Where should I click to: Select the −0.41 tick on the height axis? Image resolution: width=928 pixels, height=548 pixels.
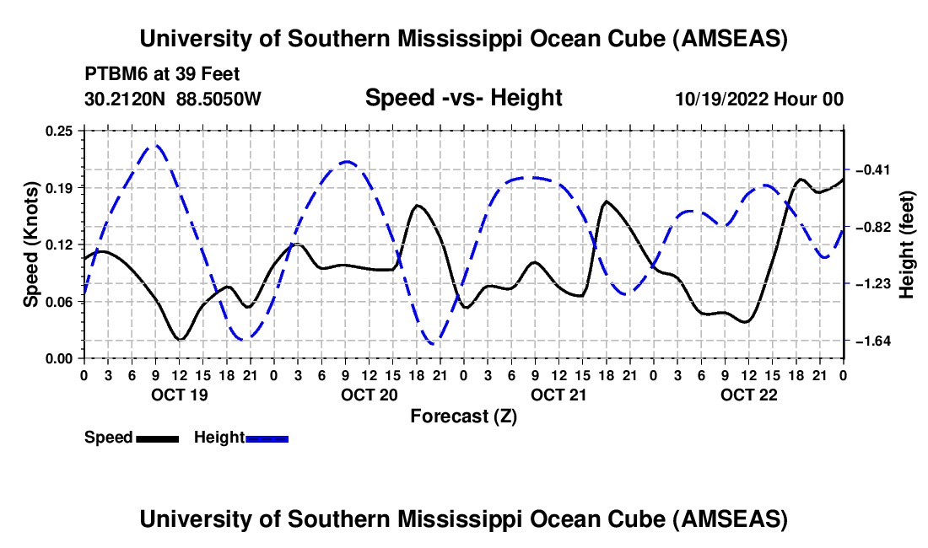coord(871,170)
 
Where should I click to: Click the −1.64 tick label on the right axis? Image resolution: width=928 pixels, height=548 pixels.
coord(871,341)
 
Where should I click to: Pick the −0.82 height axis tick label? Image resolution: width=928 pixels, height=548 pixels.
coord(871,228)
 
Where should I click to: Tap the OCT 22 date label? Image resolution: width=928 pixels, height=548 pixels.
coord(747,395)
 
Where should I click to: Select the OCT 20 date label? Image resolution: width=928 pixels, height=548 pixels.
coord(368,395)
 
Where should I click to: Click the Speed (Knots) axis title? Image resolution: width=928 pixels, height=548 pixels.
coord(31,244)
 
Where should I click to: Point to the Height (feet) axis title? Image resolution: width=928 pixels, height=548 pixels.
coord(907,244)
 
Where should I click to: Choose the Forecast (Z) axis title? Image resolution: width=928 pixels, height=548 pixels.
coord(463,416)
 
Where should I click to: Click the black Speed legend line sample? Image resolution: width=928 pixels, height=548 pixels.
coord(157,438)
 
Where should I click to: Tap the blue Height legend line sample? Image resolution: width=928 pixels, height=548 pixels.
coord(267,438)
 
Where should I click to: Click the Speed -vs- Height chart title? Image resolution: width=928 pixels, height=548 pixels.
coord(463,98)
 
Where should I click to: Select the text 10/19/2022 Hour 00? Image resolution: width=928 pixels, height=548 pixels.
coord(759,99)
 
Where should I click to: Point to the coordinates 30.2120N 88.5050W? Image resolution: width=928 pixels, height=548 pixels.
coord(173,99)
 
